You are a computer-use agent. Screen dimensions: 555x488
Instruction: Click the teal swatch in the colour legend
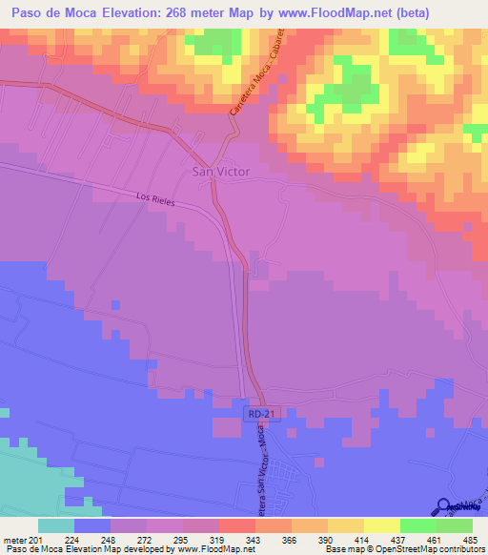(56, 525)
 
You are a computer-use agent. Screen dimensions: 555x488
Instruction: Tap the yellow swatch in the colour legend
(381, 525)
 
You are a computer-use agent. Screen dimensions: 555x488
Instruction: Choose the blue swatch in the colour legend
(92, 525)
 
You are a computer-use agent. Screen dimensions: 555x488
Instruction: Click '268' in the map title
(186, 13)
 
